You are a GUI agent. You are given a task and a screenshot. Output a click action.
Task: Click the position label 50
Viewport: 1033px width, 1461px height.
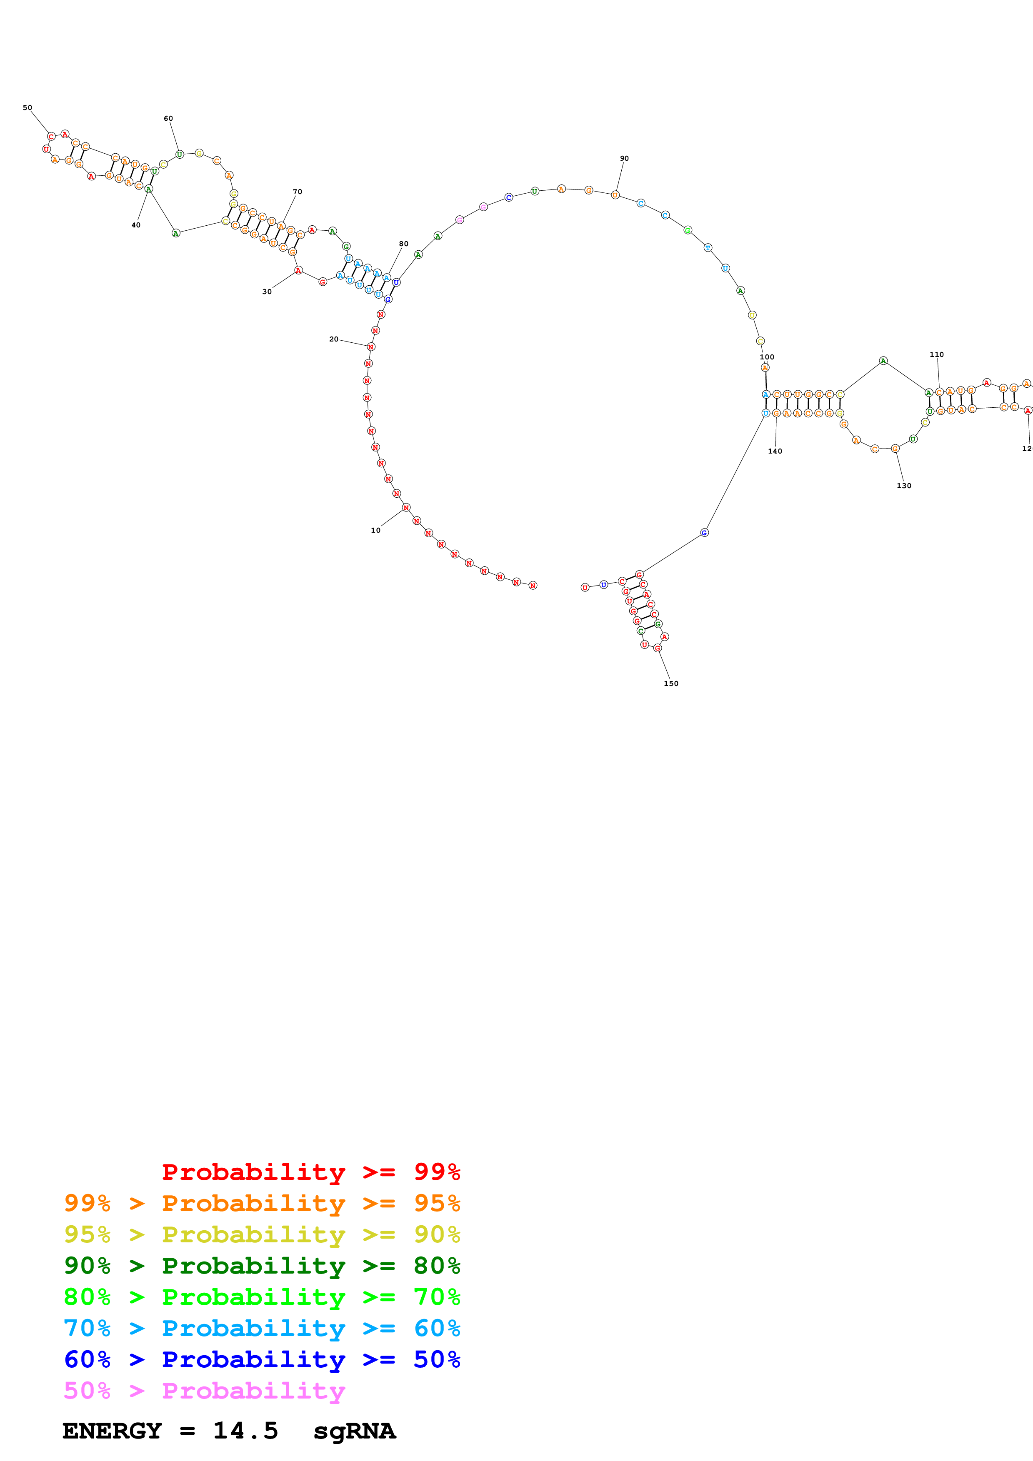(28, 107)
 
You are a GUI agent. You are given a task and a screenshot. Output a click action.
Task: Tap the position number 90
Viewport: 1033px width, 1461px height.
(624, 158)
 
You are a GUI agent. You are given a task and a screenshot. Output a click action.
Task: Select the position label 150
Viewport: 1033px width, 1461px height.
(671, 683)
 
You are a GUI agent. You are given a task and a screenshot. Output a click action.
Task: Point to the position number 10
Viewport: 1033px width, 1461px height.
(375, 530)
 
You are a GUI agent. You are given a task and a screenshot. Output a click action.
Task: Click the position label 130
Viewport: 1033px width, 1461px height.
(904, 486)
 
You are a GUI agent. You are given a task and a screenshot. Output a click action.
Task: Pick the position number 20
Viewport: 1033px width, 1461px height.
(333, 339)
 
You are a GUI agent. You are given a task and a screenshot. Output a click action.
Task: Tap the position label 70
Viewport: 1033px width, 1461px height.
(297, 192)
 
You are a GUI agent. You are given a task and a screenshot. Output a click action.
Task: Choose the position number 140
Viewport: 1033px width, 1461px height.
(775, 451)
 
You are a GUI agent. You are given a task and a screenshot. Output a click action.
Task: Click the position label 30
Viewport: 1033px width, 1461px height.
(267, 292)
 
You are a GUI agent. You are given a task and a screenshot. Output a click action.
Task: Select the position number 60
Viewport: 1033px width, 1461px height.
(168, 118)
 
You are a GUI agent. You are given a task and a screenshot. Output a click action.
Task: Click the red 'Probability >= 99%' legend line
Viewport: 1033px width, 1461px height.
(310, 1172)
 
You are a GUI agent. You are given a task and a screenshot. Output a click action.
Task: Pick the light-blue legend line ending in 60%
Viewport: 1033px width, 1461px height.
(262, 1328)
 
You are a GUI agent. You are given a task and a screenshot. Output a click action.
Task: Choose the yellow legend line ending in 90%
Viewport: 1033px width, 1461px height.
(262, 1234)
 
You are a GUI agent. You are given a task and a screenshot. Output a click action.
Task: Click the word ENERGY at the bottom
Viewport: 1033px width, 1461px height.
(112, 1431)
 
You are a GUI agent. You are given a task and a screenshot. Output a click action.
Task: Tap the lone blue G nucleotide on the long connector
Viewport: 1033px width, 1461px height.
(704, 533)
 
